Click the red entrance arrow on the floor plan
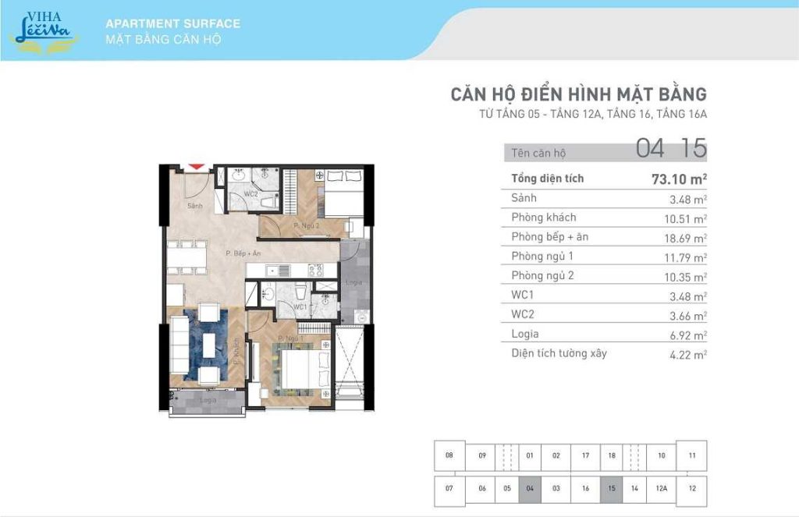pyautogui.click(x=197, y=166)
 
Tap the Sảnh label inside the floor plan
pyautogui.click(x=195, y=206)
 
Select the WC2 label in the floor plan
pyautogui.click(x=250, y=193)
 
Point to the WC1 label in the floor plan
pyautogui.click(x=300, y=306)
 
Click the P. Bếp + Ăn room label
pyautogui.click(x=243, y=253)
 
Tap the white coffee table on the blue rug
pyautogui.click(x=208, y=342)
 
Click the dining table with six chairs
pyautogui.click(x=186, y=257)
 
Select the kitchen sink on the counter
pyautogui.click(x=279, y=271)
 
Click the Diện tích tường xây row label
pyautogui.click(x=559, y=353)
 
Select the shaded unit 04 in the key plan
pyautogui.click(x=530, y=488)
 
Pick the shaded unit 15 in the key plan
pyautogui.click(x=611, y=488)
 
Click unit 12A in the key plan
pyautogui.click(x=661, y=488)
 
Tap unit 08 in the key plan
pyautogui.click(x=449, y=455)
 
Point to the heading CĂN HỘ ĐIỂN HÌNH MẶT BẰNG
pyautogui.click(x=578, y=94)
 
